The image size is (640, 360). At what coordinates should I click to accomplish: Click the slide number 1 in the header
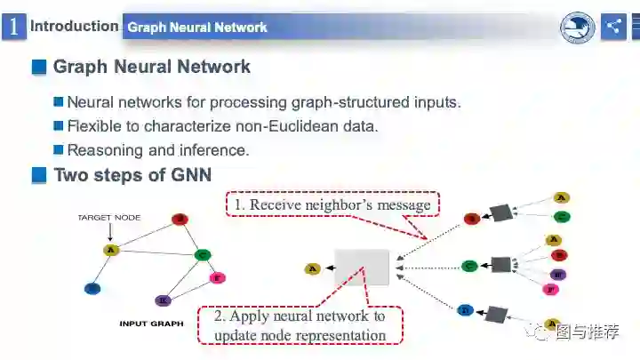13,27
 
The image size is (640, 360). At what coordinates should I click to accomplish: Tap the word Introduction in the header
74,26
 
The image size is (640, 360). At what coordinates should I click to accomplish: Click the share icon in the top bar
613,27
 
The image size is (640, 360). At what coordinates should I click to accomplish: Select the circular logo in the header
577,28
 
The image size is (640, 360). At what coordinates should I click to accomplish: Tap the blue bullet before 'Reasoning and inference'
59,150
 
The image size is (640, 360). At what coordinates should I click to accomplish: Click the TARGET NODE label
108,217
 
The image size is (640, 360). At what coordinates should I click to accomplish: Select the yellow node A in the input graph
111,250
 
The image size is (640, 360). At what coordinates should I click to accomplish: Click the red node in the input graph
180,219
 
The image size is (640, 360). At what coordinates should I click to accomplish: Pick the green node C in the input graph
203,255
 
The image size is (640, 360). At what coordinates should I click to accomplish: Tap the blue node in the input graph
92,288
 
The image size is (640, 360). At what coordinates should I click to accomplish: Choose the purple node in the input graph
163,300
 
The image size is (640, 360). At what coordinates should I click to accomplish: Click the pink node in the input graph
217,278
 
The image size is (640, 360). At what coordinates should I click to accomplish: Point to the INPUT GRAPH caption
151,324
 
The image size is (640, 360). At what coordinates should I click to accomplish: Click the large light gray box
362,267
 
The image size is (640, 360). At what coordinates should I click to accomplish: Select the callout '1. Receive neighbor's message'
332,205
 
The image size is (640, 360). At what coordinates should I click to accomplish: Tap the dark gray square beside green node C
501,265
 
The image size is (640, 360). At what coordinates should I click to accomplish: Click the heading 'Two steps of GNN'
132,175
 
